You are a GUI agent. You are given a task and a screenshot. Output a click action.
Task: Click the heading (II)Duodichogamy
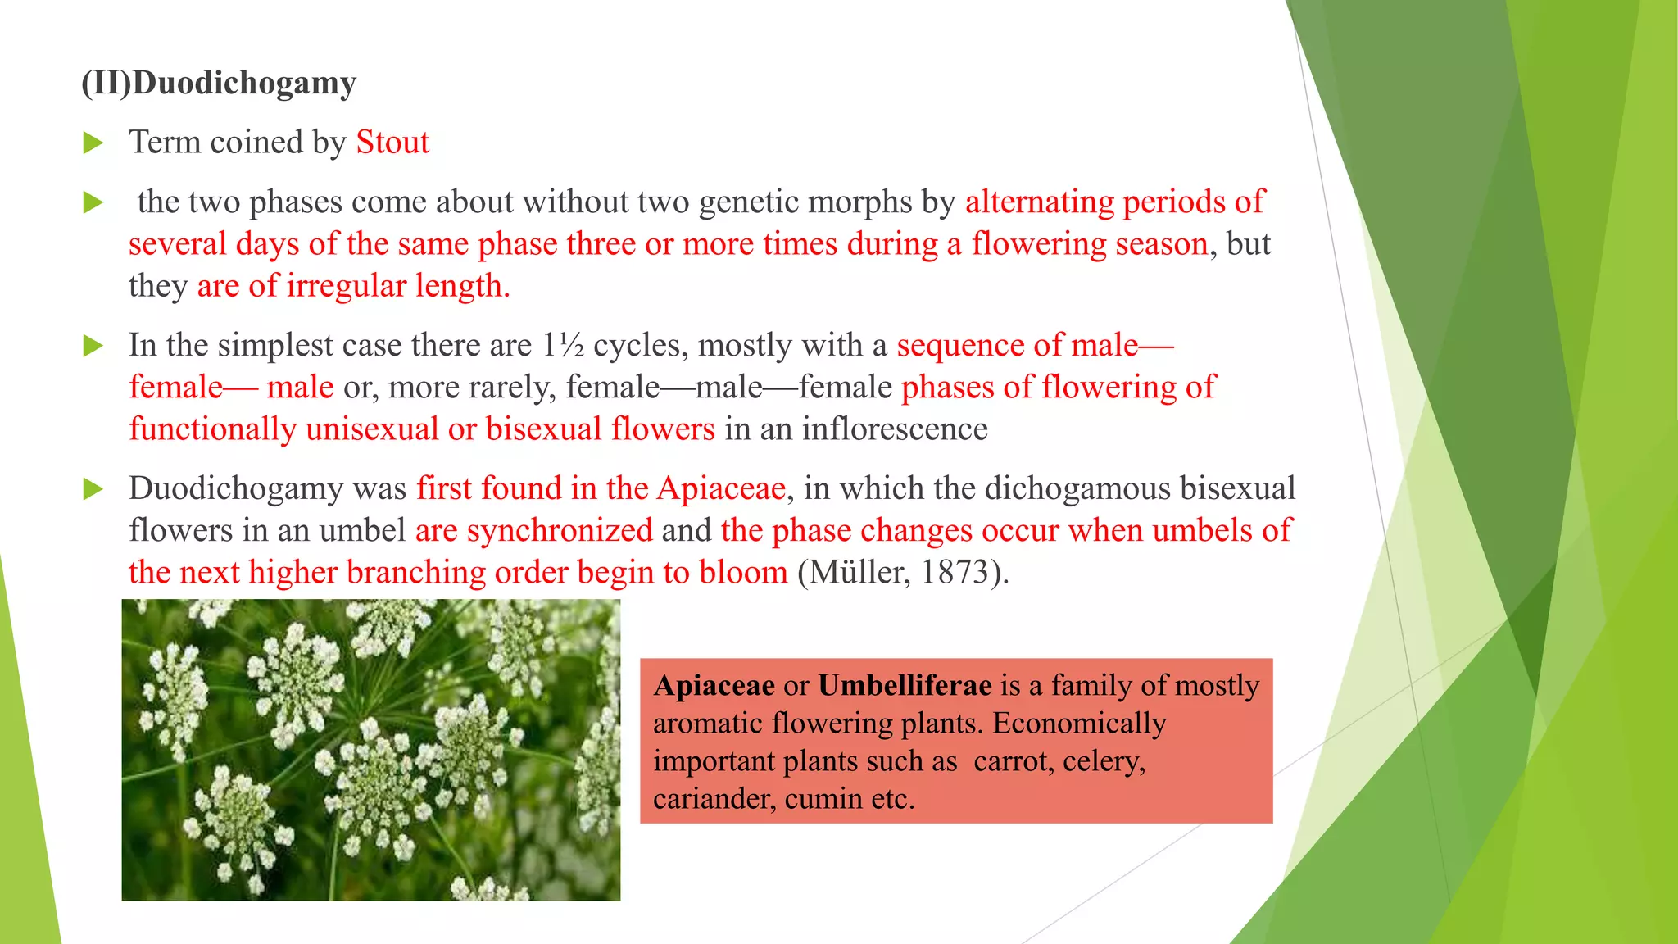[219, 84]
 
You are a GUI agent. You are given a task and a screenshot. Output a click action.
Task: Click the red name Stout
[392, 143]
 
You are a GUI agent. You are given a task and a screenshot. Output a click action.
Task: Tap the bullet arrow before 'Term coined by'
[93, 144]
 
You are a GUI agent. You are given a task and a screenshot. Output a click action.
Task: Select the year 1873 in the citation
[954, 572]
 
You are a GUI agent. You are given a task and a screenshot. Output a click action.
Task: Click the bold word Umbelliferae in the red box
[905, 685]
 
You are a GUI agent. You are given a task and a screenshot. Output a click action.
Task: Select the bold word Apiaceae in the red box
[714, 685]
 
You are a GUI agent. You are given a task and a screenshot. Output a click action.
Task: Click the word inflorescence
[895, 429]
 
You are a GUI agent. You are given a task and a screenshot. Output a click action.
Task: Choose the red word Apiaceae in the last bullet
[721, 488]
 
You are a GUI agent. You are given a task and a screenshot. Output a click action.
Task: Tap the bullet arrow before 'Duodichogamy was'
[93, 490]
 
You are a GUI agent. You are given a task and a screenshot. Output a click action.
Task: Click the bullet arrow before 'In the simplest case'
[93, 347]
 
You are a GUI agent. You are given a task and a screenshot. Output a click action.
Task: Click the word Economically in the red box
[1079, 724]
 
